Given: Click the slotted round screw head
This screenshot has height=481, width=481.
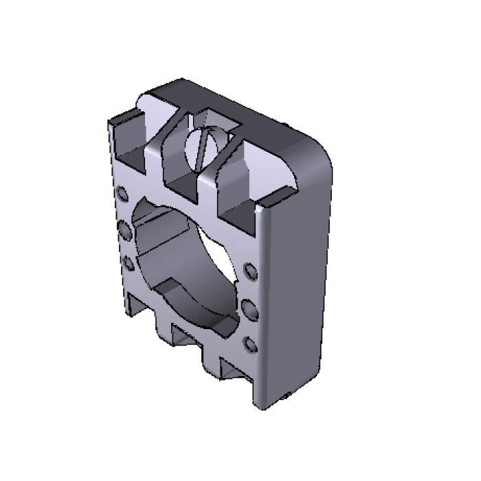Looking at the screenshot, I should click(203, 146).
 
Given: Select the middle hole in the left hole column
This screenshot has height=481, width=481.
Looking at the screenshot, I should click(125, 229).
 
